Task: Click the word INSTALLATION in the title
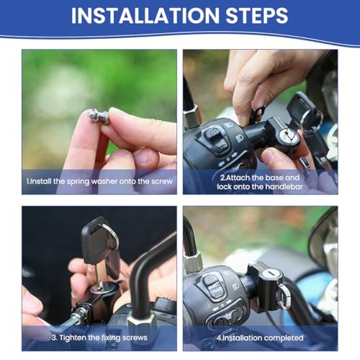(145, 15)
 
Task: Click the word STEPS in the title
(257, 15)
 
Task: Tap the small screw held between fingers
(99, 117)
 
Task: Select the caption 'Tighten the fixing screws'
(99, 338)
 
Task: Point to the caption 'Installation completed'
(260, 338)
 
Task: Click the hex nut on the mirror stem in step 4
(194, 263)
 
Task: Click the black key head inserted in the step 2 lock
(301, 107)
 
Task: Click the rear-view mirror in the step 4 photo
(325, 240)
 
